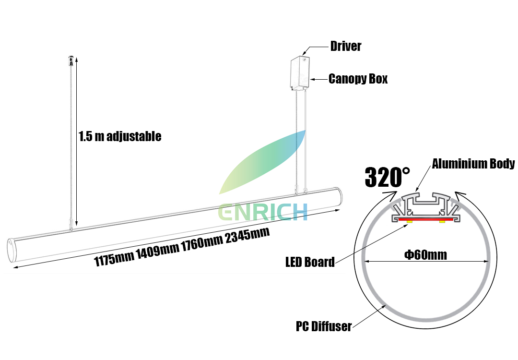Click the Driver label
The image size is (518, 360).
click(x=346, y=47)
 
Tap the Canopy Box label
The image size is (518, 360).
click(x=358, y=79)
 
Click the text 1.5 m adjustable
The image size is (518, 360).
click(x=120, y=136)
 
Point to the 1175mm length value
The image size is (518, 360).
click(x=114, y=259)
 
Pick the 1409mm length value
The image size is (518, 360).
click(x=158, y=251)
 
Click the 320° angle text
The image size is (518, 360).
click(x=387, y=178)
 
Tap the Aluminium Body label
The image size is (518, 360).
click(x=473, y=164)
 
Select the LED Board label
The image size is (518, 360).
click(x=310, y=262)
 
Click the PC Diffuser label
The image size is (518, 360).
click(x=324, y=327)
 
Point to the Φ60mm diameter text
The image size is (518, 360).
click(x=426, y=254)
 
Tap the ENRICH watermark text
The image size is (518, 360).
click(x=263, y=212)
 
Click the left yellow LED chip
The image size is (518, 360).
click(x=410, y=221)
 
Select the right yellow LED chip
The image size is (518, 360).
click(x=442, y=221)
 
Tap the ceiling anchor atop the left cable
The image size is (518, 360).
click(x=71, y=60)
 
